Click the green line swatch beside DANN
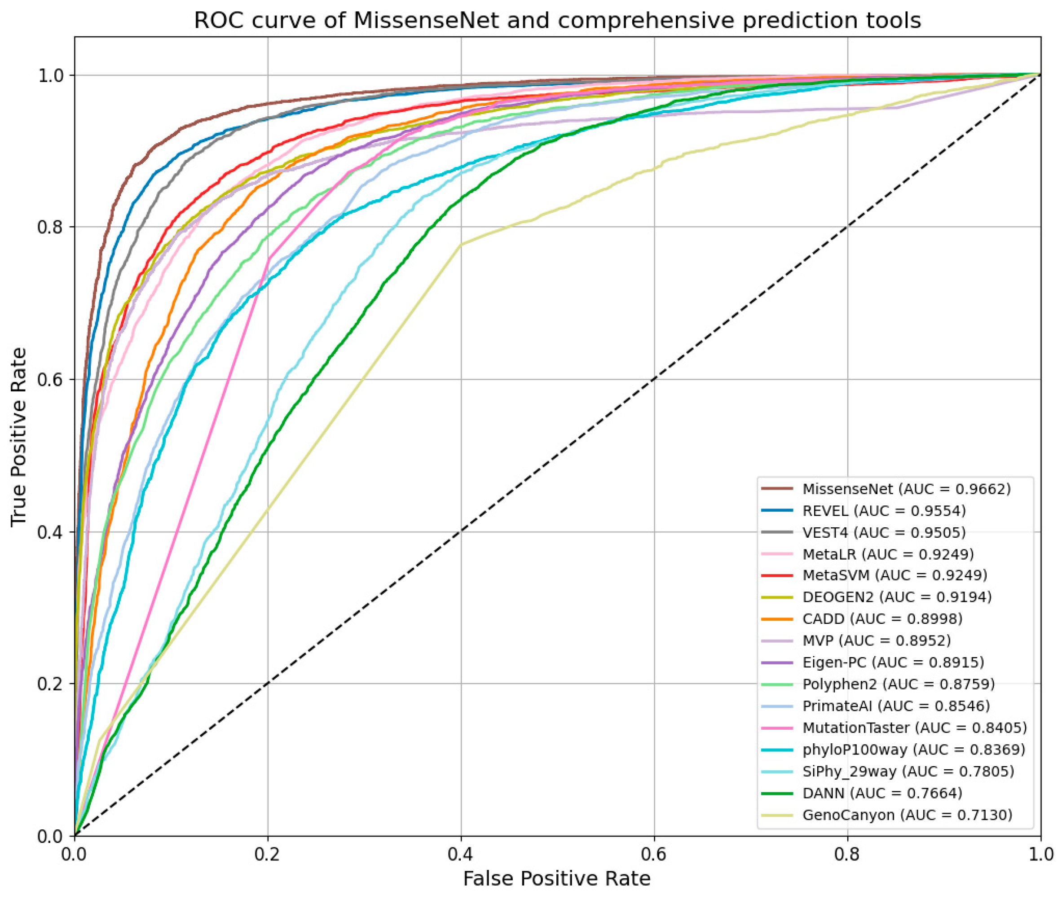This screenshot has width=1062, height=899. point(777,793)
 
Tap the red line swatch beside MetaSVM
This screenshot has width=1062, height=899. point(777,575)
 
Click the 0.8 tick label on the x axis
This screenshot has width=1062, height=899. point(847,855)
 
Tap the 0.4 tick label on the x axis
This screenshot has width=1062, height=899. point(461,855)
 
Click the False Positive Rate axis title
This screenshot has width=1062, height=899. point(557,879)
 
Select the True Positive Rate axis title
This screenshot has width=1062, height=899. point(19,437)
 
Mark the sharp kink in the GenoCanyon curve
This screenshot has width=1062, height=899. point(461,245)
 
